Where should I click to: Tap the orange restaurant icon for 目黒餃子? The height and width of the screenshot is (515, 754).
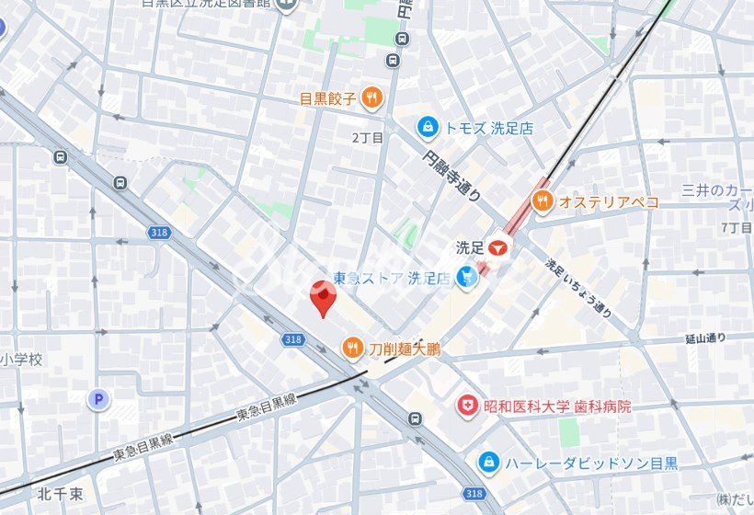371,98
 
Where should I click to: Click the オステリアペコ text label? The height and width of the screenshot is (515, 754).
609,202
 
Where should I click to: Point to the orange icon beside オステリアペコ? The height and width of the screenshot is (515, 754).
543,201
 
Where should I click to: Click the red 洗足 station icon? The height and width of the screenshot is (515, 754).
498,247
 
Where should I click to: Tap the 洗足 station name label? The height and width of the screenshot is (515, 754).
470,247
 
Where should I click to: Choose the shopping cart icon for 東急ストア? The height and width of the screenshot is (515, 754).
468,276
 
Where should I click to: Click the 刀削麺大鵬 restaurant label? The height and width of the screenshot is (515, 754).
405,349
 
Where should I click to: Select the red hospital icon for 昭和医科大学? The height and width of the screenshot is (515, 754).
468,405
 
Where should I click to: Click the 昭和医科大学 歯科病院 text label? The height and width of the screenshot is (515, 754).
557,406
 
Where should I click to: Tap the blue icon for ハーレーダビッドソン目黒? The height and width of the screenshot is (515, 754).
489,462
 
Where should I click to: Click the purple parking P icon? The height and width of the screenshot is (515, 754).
97,399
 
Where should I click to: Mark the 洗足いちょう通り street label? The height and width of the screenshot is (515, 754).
578,286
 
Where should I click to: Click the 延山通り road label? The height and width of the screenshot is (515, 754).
705,339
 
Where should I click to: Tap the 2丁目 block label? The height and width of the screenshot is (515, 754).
367,137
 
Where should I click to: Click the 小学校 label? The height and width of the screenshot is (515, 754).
22,360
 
